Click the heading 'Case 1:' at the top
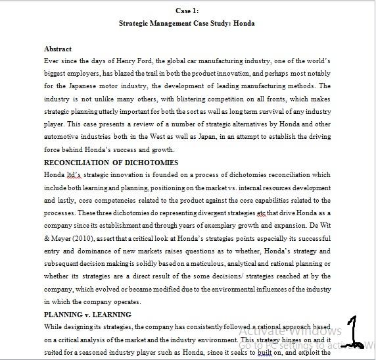click(187, 11)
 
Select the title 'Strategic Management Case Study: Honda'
click(187, 23)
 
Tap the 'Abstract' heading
click(57, 49)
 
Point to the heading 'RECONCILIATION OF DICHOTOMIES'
click(111, 163)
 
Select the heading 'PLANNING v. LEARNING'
click(87, 315)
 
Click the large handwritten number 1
click(355, 331)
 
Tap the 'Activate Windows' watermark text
click(291, 331)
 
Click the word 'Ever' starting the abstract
click(51, 60)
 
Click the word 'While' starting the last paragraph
click(53, 326)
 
